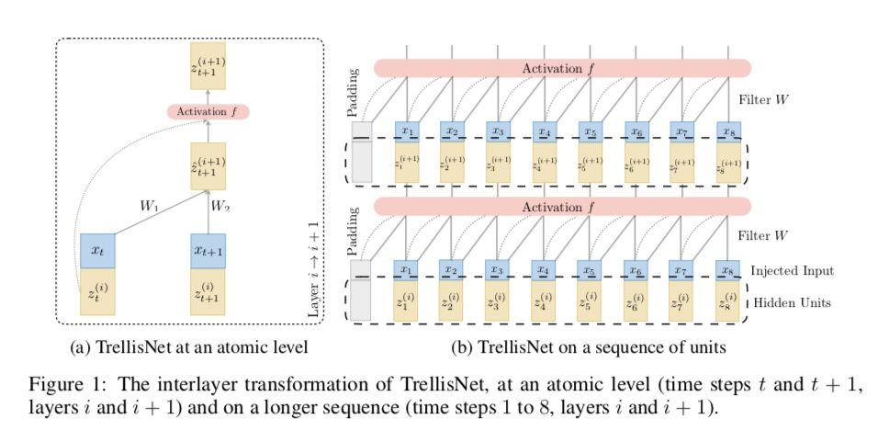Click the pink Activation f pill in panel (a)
click(208, 112)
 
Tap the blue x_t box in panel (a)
click(97, 249)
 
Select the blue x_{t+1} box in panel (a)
click(208, 249)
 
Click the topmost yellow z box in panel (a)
click(208, 64)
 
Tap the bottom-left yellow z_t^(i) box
click(97, 292)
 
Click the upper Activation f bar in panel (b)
click(562, 68)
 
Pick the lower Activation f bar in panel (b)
click(562, 208)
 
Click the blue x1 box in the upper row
click(407, 131)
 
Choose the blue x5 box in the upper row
click(591, 131)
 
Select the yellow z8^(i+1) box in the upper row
click(728, 165)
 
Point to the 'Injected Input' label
click(791, 271)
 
